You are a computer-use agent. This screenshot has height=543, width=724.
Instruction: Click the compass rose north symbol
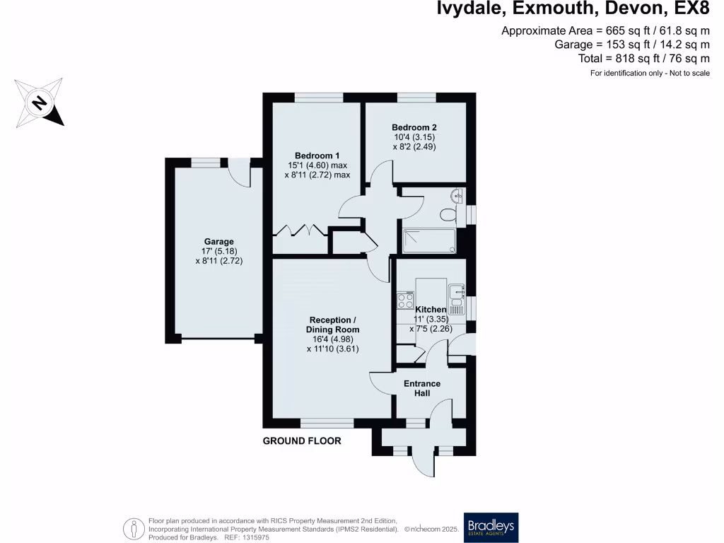click(40, 103)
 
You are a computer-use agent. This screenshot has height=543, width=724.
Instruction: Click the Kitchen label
click(431, 310)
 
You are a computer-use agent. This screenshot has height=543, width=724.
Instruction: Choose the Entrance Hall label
click(422, 388)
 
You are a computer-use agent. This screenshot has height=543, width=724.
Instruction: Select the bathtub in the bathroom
click(429, 240)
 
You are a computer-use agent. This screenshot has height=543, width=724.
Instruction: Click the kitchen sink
click(455, 297)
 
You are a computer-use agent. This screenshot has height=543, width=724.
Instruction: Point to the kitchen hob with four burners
click(405, 300)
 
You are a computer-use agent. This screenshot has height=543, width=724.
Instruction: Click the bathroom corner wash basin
click(458, 194)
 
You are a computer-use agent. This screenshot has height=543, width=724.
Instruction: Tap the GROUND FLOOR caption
click(302, 441)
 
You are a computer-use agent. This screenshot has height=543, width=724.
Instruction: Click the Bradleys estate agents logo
click(491, 527)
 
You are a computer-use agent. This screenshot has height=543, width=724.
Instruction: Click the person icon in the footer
click(133, 527)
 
